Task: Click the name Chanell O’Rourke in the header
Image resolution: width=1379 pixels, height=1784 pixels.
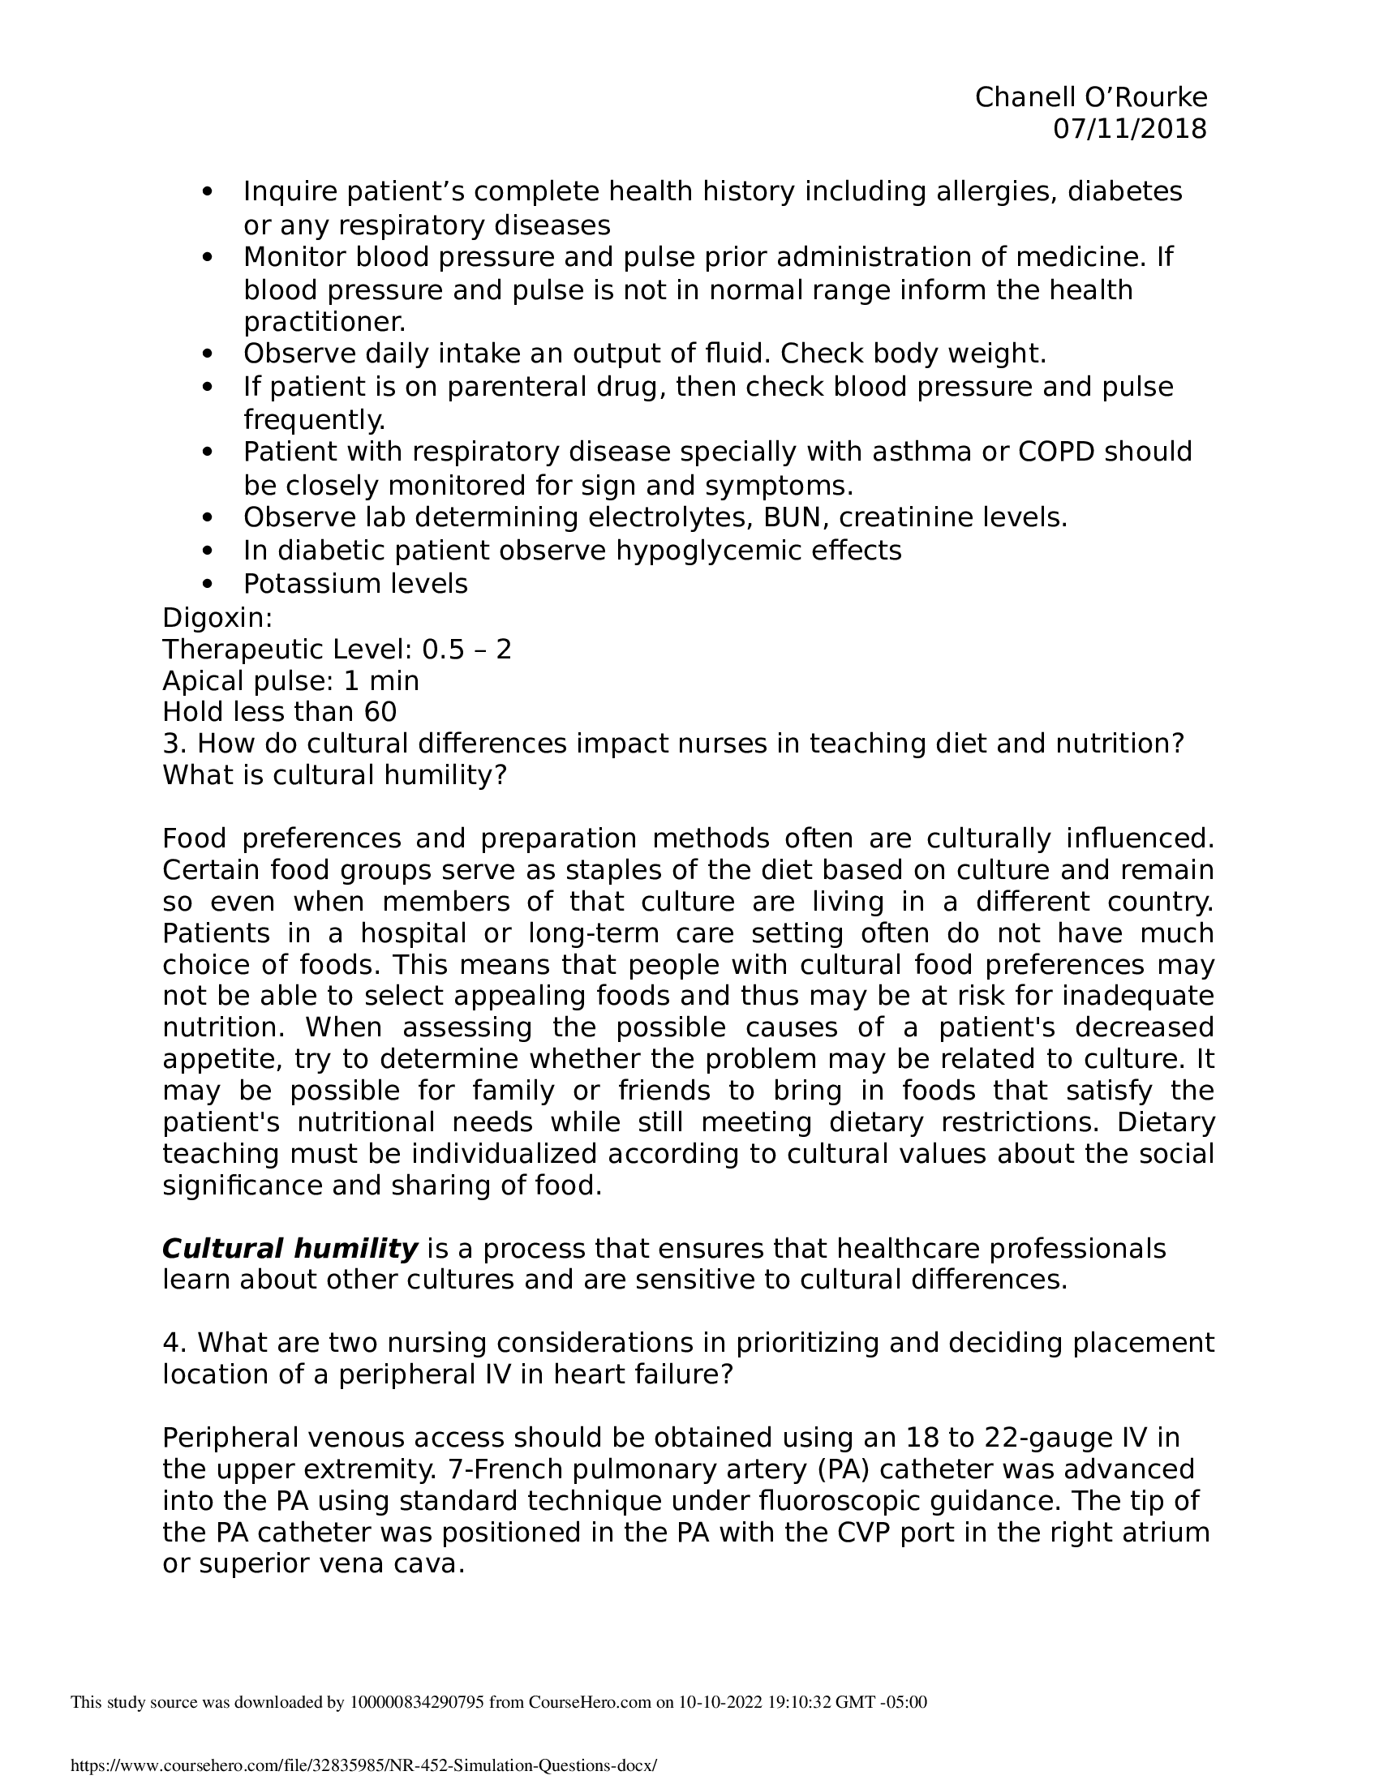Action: (x=1090, y=97)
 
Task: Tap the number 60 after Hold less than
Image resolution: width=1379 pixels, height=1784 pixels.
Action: (x=380, y=711)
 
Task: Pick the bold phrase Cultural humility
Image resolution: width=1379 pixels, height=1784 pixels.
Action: (x=290, y=1248)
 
